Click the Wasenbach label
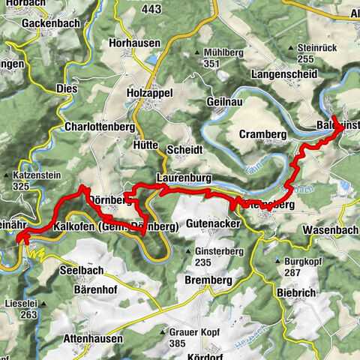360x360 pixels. (x=331, y=229)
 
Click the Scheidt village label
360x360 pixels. (x=184, y=149)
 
